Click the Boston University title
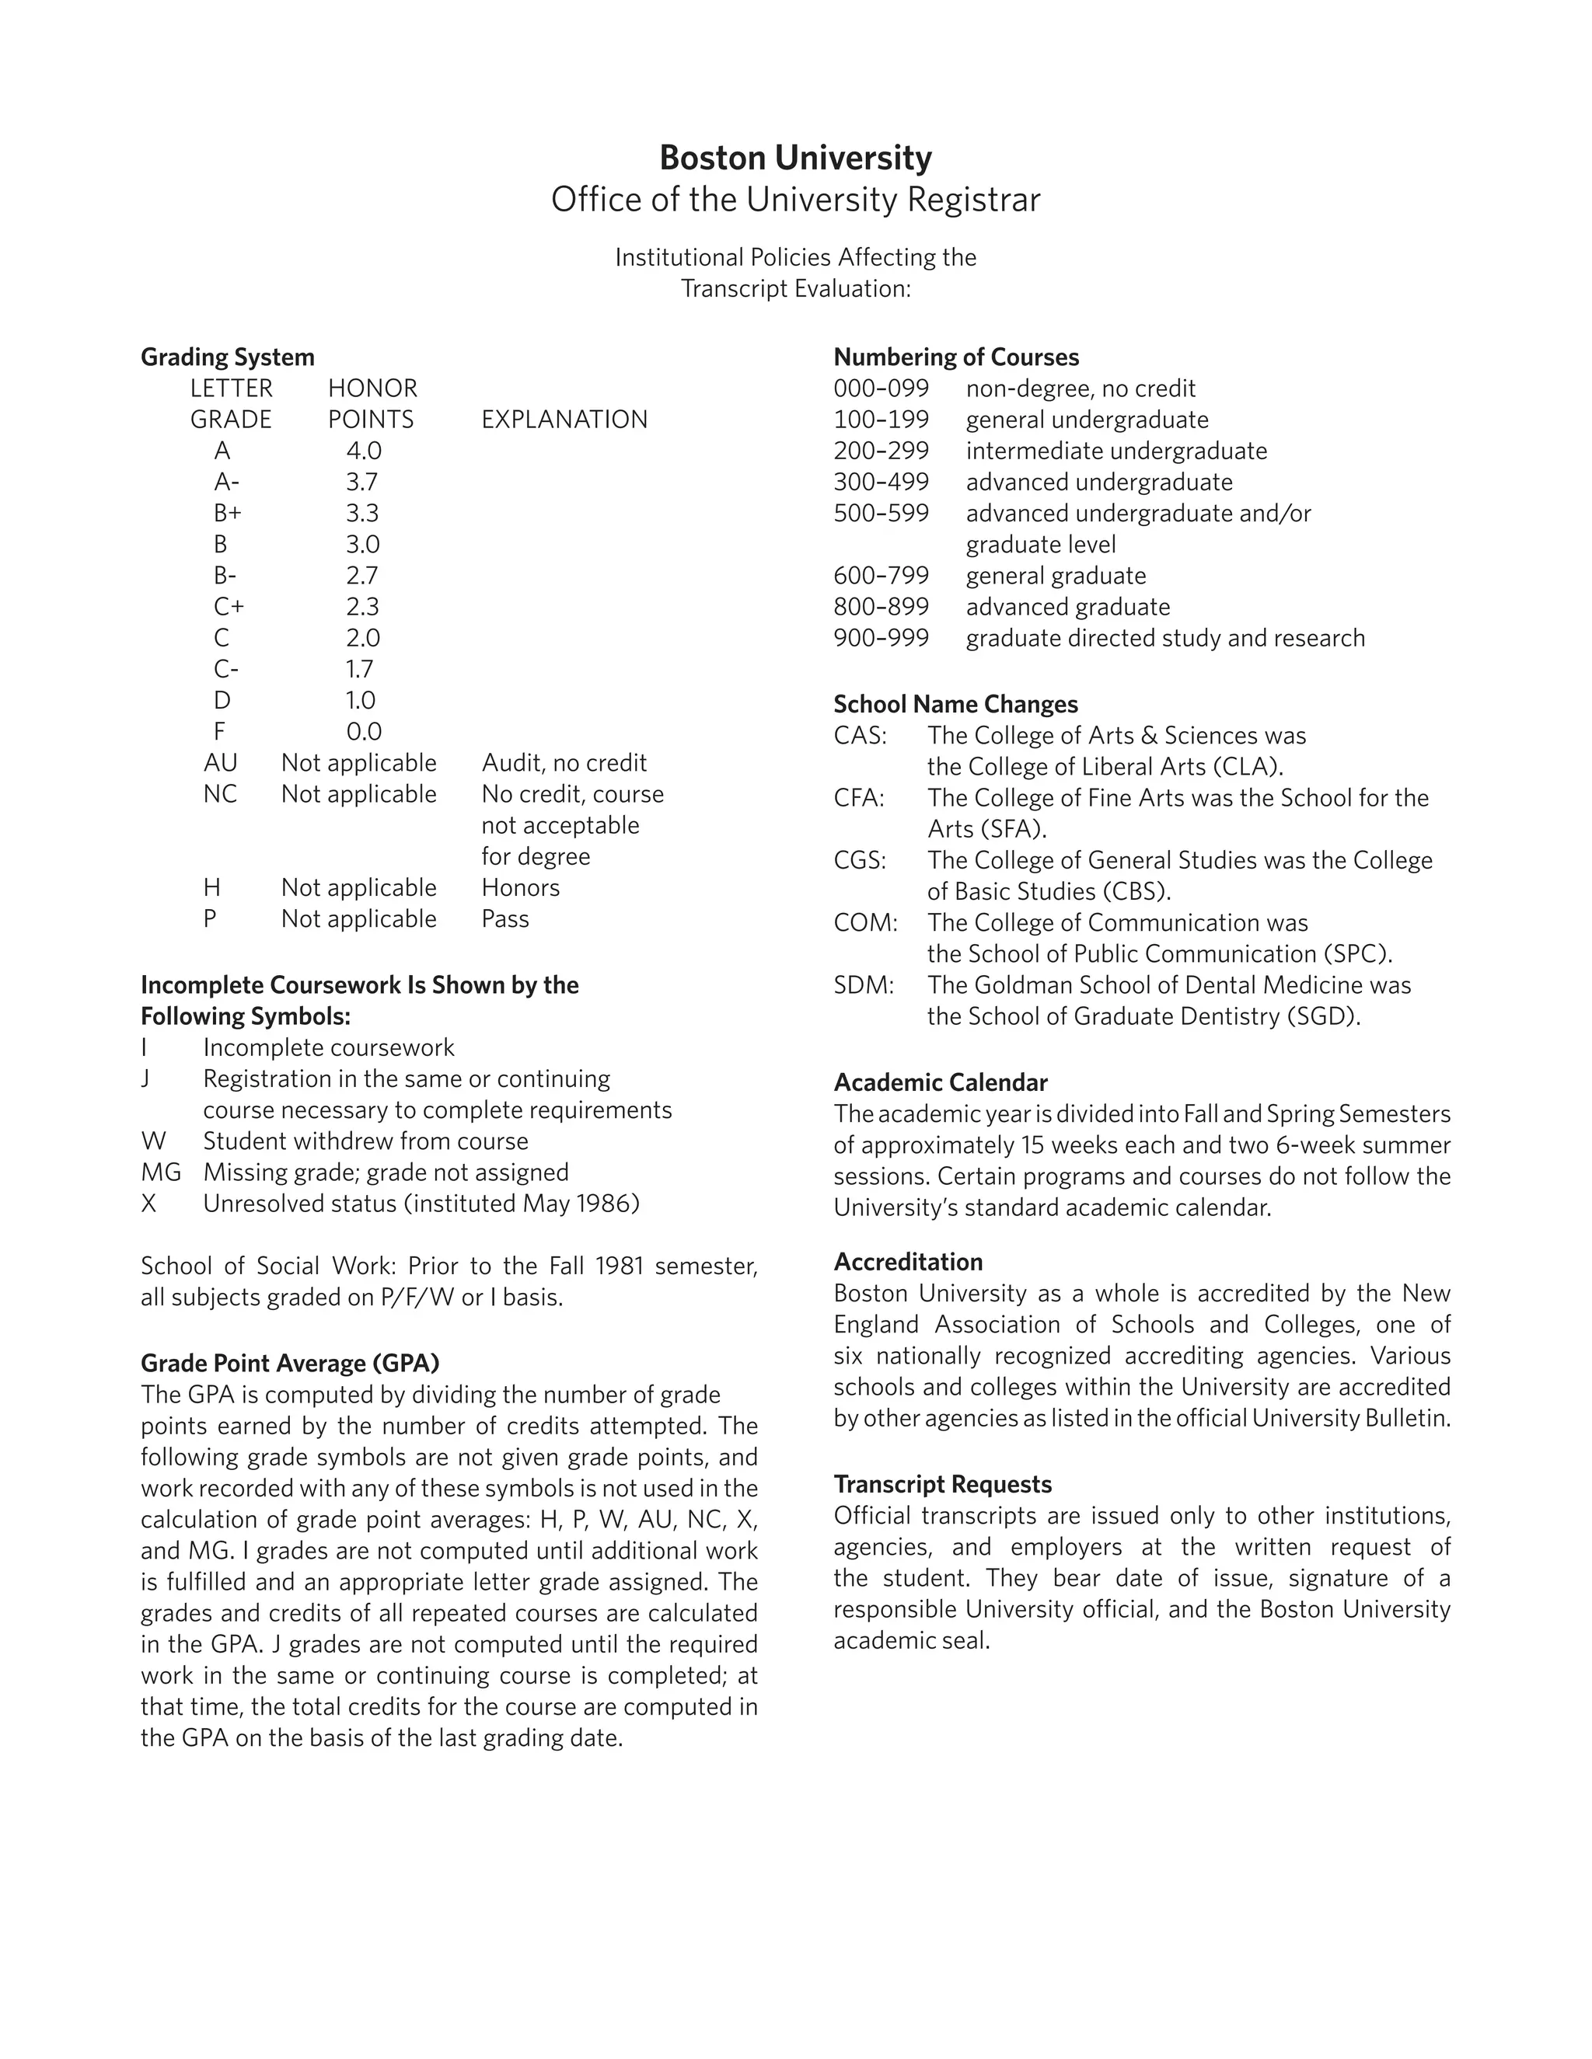click(x=795, y=158)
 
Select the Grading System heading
click(x=227, y=357)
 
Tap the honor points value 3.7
click(x=361, y=482)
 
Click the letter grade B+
click(x=227, y=513)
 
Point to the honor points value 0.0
click(x=363, y=732)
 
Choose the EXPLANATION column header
click(x=564, y=420)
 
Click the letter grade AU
click(x=221, y=763)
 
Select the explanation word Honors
click(x=521, y=887)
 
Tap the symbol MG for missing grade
click(x=160, y=1172)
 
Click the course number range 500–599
click(x=881, y=513)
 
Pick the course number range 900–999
click(x=881, y=638)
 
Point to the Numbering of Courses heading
click(x=956, y=357)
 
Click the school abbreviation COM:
click(x=865, y=922)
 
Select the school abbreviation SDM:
click(x=863, y=985)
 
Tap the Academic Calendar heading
click(x=941, y=1082)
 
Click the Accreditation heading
click(x=907, y=1261)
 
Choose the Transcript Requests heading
click(x=942, y=1484)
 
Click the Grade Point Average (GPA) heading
click(x=289, y=1364)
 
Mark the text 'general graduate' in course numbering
click(x=1056, y=576)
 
